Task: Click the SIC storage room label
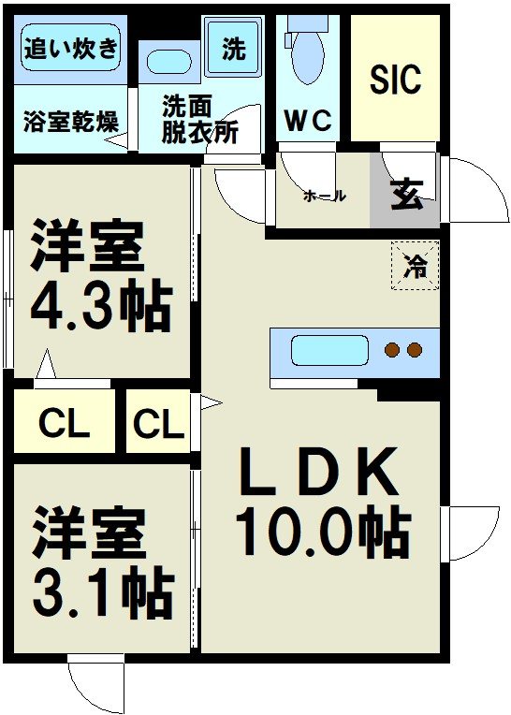tap(396, 80)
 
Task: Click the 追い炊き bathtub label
tap(71, 48)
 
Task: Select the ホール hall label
tap(325, 197)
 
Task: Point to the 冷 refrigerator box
tap(414, 266)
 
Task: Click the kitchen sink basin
tap(329, 351)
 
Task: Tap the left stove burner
tap(393, 351)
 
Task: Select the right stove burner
tap(415, 351)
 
